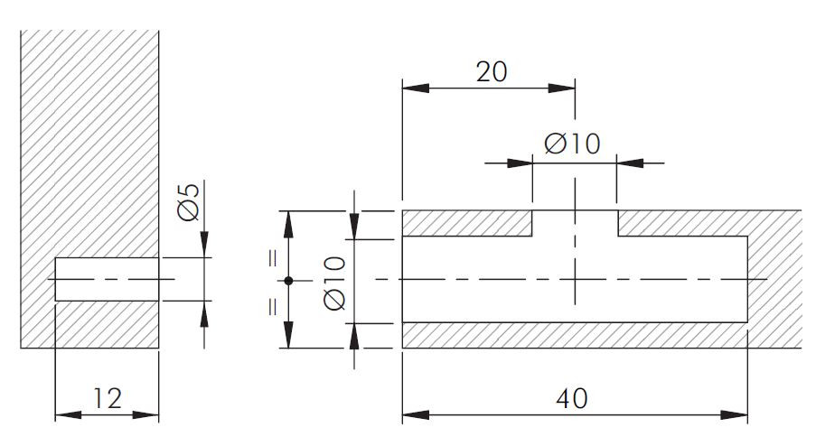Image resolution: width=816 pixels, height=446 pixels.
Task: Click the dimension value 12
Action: pyautogui.click(x=108, y=398)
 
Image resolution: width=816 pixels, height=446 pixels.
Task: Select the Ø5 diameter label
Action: pyautogui.click(x=188, y=201)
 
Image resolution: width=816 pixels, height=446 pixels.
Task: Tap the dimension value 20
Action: pyautogui.click(x=492, y=71)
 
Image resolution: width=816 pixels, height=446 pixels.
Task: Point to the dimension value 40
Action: pyautogui.click(x=572, y=399)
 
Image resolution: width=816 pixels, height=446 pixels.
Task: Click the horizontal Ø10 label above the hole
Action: pyautogui.click(x=572, y=144)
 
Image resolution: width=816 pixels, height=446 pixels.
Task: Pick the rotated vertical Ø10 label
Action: pyautogui.click(x=334, y=283)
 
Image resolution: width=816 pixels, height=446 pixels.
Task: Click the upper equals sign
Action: pyautogui.click(x=273, y=258)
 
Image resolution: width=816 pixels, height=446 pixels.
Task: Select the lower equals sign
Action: pyautogui.click(x=273, y=307)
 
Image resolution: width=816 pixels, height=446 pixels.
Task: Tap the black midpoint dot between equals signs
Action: pyautogui.click(x=289, y=281)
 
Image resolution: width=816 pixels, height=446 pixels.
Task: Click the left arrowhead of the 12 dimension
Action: pyautogui.click(x=68, y=414)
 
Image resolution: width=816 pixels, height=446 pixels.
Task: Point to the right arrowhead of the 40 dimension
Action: pyautogui.click(x=735, y=414)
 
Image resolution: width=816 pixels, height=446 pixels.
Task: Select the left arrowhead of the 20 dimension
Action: pyautogui.click(x=416, y=88)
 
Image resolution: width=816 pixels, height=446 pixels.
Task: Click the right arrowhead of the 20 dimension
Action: pyautogui.click(x=561, y=88)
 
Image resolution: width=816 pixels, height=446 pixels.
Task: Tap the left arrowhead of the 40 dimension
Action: pyautogui.click(x=416, y=414)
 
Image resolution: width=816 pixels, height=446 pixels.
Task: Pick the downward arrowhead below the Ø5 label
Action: pyautogui.click(x=204, y=245)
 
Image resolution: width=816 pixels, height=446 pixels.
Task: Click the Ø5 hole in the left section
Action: pyautogui.click(x=107, y=279)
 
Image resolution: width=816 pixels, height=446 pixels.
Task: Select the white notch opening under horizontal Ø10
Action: pyautogui.click(x=575, y=224)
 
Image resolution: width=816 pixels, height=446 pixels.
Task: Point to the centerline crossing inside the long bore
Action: pyautogui.click(x=575, y=279)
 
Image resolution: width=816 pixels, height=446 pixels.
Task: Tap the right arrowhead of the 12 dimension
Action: pyautogui.click(x=145, y=414)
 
